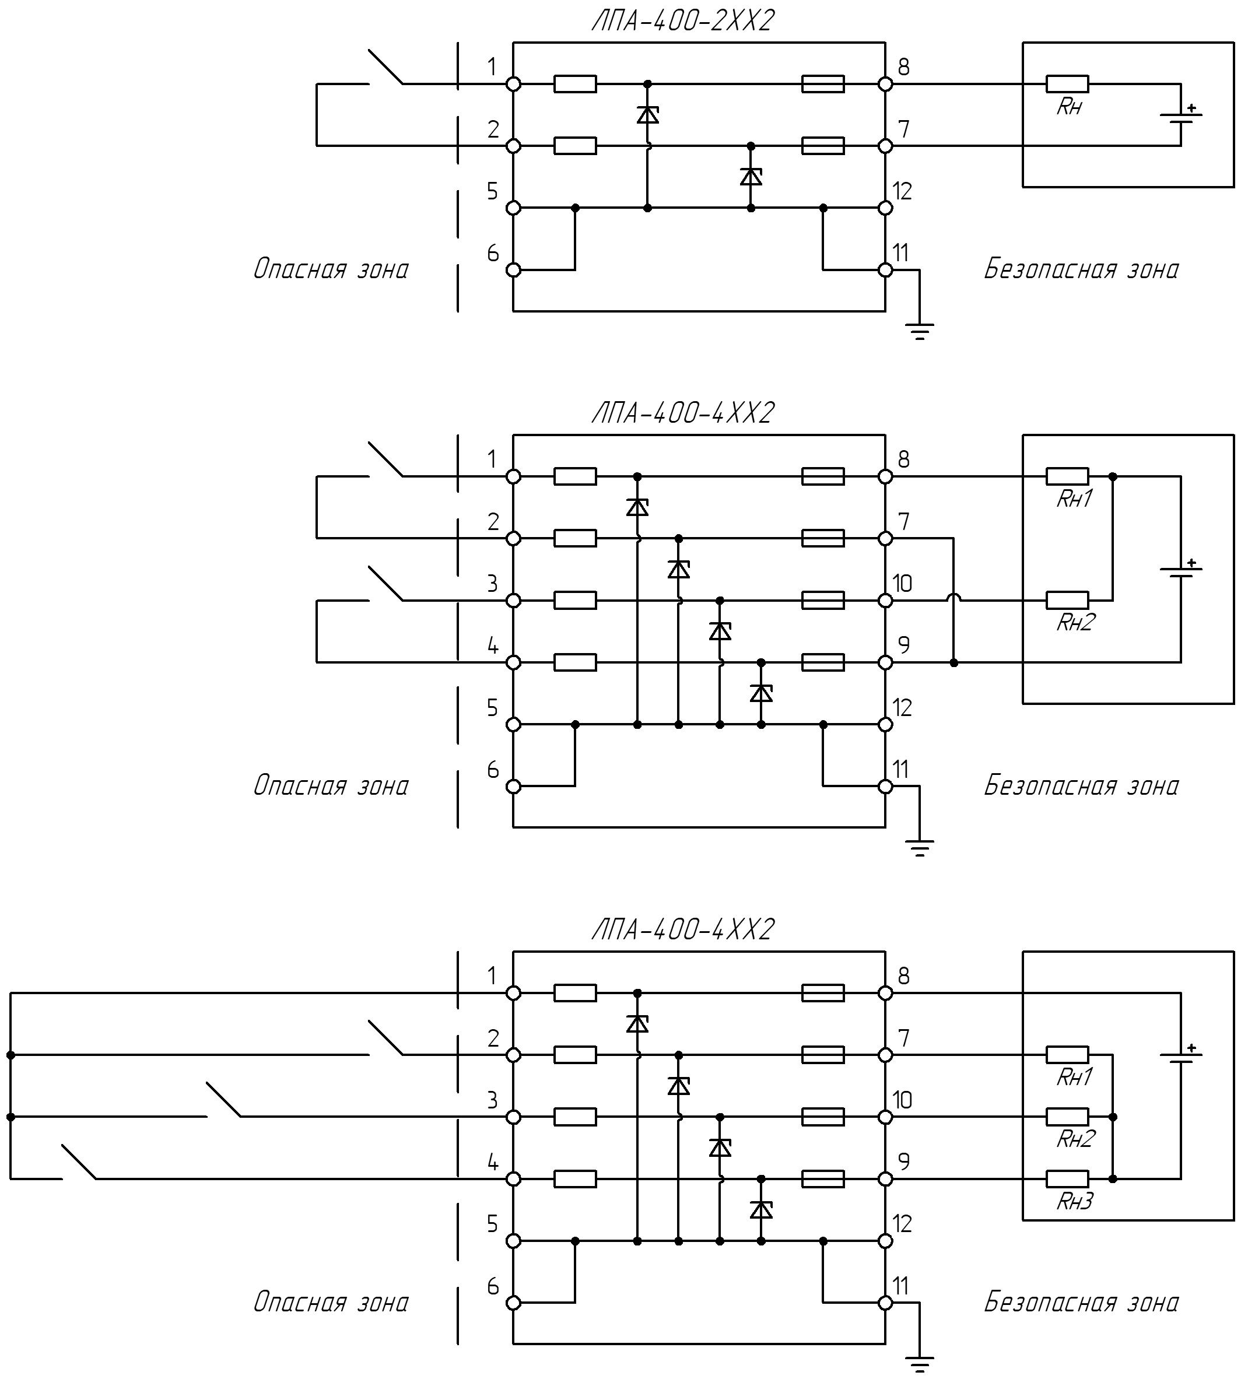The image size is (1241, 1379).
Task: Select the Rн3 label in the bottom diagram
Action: point(1075,1201)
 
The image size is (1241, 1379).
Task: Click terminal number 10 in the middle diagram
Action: point(903,584)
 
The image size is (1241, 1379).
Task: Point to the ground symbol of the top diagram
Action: point(919,331)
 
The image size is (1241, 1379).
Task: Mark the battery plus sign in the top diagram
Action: point(1191,108)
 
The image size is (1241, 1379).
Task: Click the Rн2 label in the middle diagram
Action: point(1075,622)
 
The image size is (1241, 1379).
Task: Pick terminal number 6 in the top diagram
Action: point(493,254)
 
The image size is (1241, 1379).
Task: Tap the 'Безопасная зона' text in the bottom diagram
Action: point(1081,1303)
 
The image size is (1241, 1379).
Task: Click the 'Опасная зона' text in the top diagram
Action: point(331,269)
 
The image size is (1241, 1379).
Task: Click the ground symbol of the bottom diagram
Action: point(919,1364)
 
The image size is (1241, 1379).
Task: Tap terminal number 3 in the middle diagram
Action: point(493,584)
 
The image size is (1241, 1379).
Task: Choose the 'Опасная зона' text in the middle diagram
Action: point(331,786)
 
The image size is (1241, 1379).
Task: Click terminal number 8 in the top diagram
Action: point(903,67)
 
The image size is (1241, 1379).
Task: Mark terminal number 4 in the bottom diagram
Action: point(493,1162)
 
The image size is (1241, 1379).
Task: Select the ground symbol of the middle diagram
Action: point(919,848)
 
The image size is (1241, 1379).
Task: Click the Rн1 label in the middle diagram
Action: point(1075,499)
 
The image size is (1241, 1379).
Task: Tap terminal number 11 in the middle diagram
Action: point(902,770)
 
